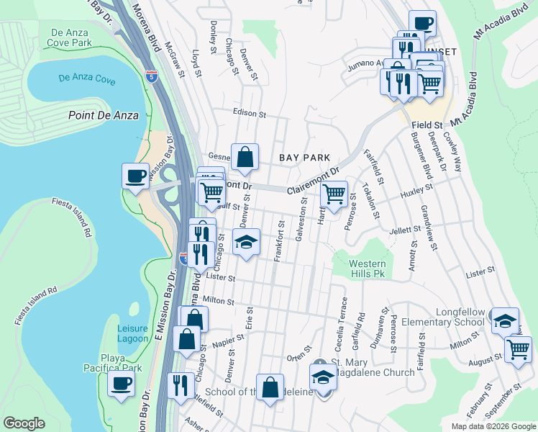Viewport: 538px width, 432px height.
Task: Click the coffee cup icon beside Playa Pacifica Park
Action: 121,383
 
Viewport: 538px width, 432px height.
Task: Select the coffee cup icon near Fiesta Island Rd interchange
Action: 134,176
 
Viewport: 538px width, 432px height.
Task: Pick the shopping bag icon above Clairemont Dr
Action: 245,156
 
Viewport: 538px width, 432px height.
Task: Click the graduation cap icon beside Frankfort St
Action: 246,242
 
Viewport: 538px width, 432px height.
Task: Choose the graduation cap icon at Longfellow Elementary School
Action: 505,319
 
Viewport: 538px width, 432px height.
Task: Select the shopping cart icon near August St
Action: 518,349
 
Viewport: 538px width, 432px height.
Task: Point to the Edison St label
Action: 250,113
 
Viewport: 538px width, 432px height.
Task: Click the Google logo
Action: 24,423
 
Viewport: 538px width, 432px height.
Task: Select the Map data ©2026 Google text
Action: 493,426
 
